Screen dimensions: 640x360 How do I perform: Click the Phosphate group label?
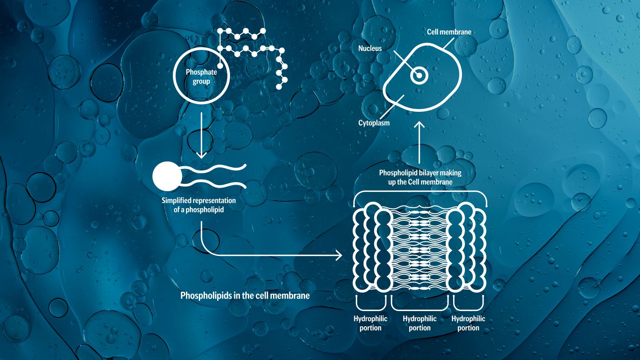[201, 77]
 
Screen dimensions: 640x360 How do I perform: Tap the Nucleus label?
[370, 49]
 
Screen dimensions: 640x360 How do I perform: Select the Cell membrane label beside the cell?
[449, 32]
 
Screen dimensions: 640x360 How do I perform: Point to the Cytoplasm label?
[374, 123]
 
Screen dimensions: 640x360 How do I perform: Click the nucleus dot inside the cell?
[419, 76]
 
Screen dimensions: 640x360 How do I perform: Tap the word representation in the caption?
[215, 200]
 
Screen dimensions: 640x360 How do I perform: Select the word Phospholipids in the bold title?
[206, 295]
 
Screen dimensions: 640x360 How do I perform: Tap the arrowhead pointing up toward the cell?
[419, 125]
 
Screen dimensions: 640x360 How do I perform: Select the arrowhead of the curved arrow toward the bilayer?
[339, 255]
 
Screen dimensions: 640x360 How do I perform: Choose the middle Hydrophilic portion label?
[419, 323]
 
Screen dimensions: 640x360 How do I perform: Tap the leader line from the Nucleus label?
[403, 61]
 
